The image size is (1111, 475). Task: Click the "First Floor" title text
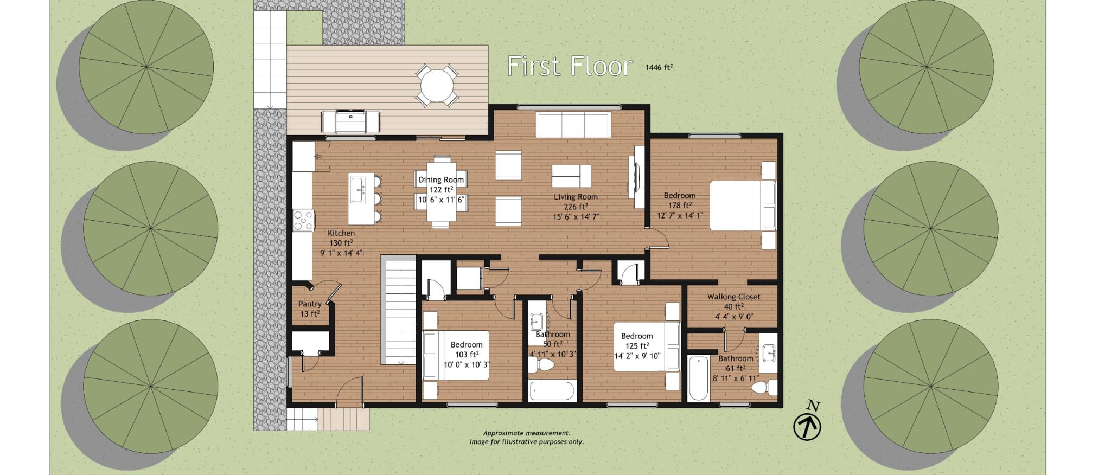[x=570, y=66]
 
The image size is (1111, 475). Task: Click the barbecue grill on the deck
[x=350, y=121]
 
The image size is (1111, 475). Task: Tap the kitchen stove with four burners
[x=303, y=221]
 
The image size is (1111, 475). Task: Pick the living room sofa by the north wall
[x=573, y=125]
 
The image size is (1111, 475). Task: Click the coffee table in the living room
[x=571, y=176]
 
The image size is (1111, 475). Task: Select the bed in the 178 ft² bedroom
[x=743, y=206]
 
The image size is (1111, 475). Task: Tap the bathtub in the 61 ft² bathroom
[x=698, y=378]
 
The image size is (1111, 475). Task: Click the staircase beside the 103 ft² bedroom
[x=400, y=311]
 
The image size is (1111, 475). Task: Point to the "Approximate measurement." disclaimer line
[x=526, y=433]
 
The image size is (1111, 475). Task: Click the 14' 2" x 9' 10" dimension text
[x=637, y=356]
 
